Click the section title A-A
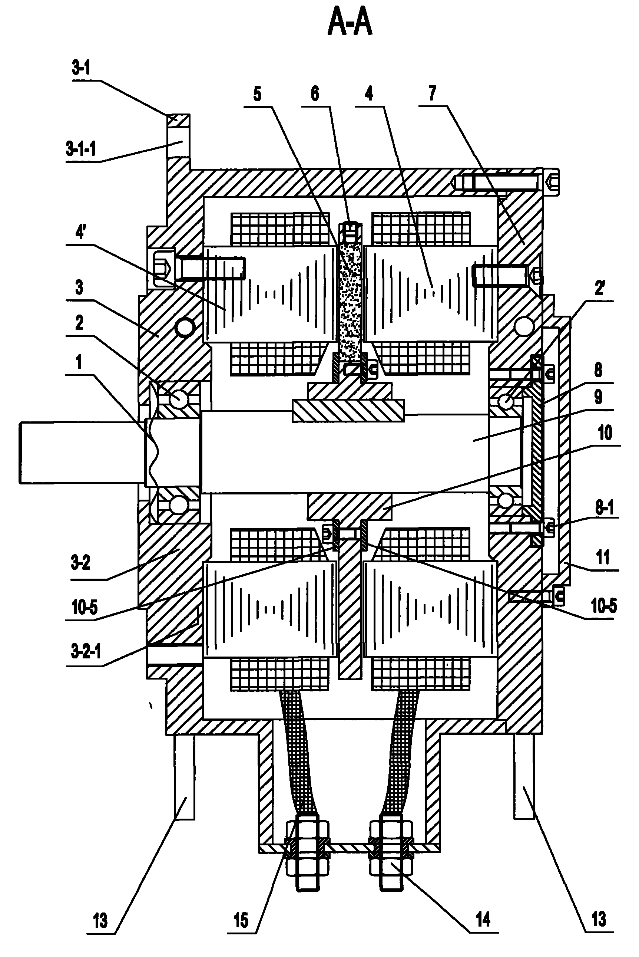coord(350,24)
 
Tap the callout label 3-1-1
coord(81,149)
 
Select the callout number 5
coord(257,95)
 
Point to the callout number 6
coord(315,94)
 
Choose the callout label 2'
coord(599,289)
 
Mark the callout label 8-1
coord(605,508)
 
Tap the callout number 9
coord(598,397)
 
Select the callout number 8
coord(598,370)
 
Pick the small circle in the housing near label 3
coord(184,327)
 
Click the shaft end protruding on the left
coord(82,453)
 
